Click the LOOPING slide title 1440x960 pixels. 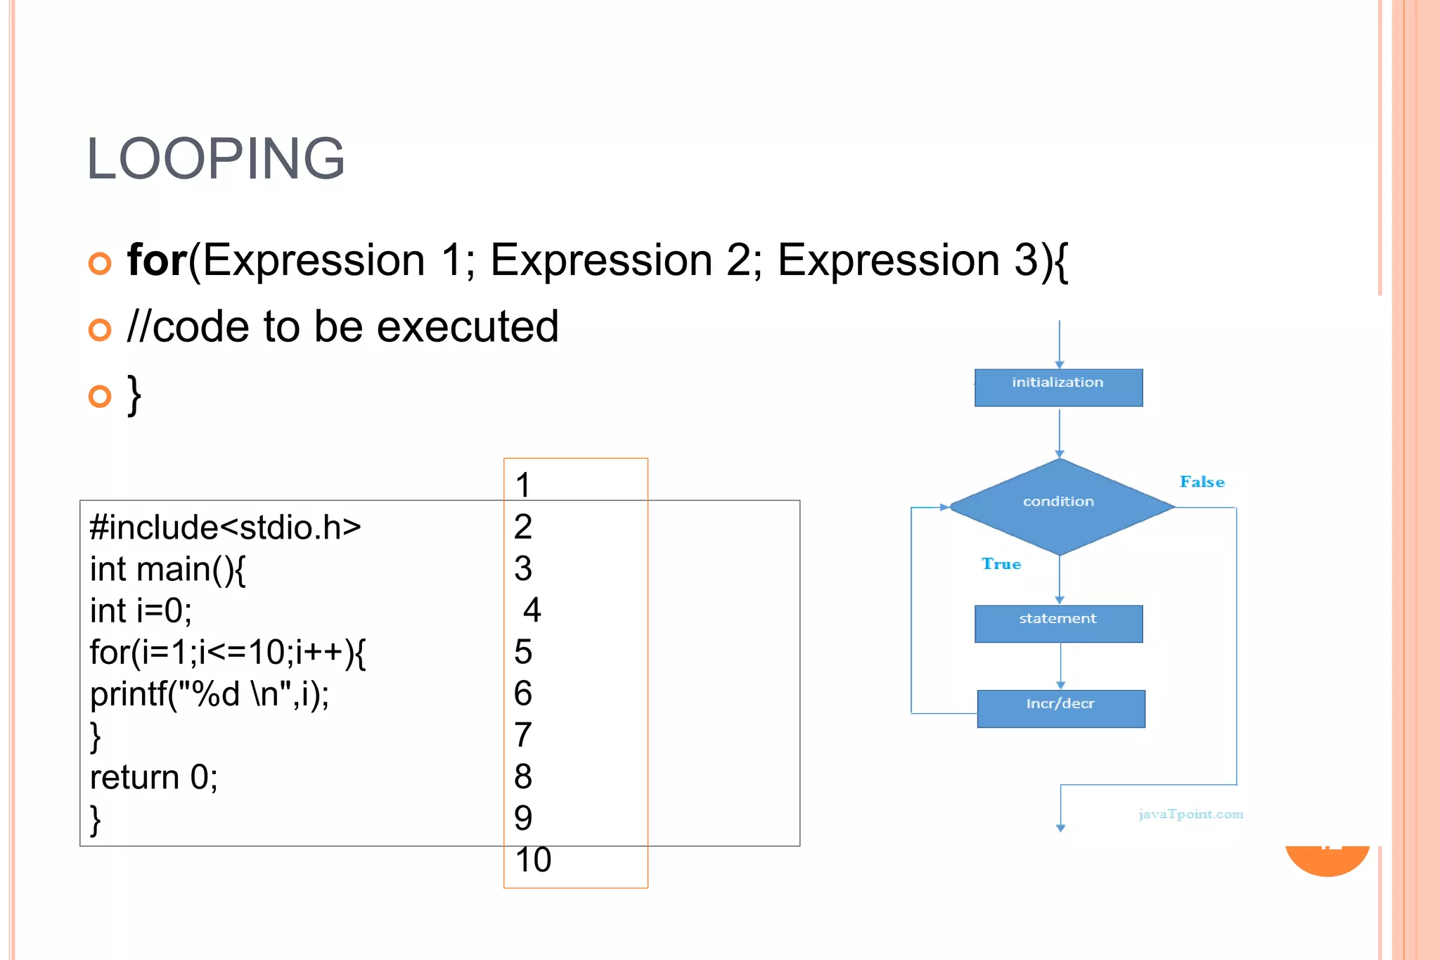215,159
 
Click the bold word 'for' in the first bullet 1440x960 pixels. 156,260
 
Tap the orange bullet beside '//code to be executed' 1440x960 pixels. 100,329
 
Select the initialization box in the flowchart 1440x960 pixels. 1057,388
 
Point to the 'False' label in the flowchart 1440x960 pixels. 1202,482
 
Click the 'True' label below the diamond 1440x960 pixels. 1001,564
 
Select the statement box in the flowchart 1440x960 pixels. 1057,623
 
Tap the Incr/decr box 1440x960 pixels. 1060,708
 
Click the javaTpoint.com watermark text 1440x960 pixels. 1190,814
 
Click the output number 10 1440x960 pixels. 533,859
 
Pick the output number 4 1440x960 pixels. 532,610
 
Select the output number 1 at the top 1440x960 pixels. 522,485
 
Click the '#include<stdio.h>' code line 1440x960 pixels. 225,527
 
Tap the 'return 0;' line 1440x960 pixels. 153,777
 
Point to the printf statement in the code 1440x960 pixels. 210,694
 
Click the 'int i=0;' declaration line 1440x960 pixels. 141,610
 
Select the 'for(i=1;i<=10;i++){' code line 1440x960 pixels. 227,652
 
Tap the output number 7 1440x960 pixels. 522,735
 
